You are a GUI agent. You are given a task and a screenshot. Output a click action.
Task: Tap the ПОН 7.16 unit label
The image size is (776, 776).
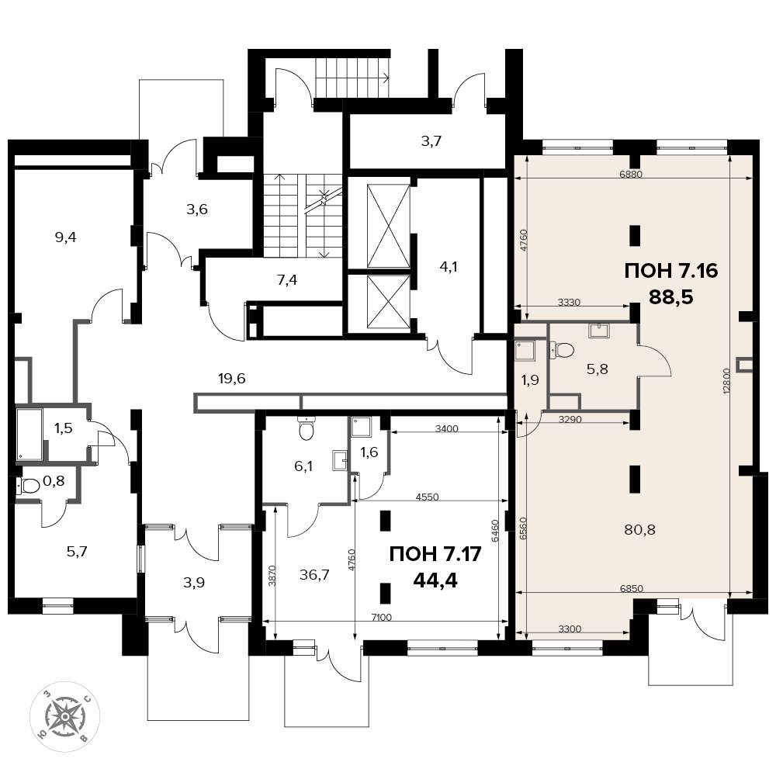tap(671, 271)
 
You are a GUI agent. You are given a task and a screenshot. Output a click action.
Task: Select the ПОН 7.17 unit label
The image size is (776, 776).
tap(435, 554)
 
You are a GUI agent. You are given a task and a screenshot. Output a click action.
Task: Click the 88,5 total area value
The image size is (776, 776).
tap(671, 296)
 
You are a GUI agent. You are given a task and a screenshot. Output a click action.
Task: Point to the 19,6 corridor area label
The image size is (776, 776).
tap(231, 379)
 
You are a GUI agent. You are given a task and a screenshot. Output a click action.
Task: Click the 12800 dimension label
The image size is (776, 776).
tap(726, 380)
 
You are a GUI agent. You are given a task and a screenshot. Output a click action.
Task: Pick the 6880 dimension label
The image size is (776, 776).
tap(630, 174)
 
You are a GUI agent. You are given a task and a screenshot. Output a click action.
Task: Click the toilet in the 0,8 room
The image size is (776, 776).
tap(29, 487)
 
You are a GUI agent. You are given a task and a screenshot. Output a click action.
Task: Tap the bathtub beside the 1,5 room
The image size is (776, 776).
tap(29, 434)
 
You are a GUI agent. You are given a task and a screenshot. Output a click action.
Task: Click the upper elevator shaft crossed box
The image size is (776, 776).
tap(389, 226)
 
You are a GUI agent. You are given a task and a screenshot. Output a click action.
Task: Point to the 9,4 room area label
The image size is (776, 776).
tap(66, 237)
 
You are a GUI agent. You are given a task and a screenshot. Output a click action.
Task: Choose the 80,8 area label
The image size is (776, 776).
tap(639, 530)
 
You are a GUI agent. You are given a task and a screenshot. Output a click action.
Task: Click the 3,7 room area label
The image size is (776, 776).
tap(431, 141)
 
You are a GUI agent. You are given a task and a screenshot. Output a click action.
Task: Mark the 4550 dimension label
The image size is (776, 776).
tap(427, 497)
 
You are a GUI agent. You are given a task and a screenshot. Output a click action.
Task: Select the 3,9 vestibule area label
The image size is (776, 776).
tap(194, 583)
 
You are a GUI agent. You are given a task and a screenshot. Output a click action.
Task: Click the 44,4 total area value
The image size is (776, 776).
tap(435, 580)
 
